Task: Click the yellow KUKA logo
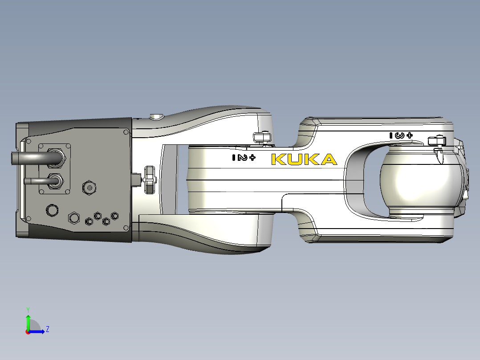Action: tap(304, 159)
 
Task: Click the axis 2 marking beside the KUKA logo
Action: tap(243, 157)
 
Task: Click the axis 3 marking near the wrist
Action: tap(401, 135)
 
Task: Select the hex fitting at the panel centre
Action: tap(89, 188)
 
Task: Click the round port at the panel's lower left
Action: tap(52, 209)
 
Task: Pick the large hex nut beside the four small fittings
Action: tap(73, 218)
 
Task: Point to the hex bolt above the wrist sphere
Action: tap(436, 141)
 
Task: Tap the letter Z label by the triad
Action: tap(47, 329)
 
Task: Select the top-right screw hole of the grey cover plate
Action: tap(126, 132)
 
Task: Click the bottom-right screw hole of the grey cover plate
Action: tap(126, 228)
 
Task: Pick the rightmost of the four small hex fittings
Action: tap(114, 216)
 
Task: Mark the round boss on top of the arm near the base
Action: tap(156, 117)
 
